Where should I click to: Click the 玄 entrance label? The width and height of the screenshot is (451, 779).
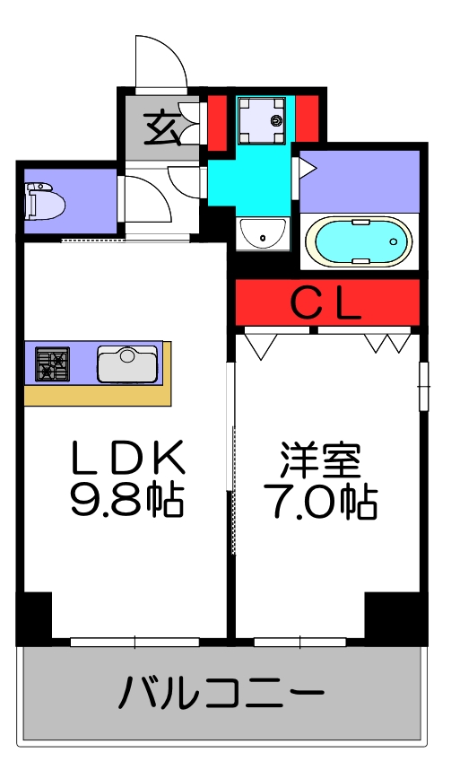click(x=162, y=127)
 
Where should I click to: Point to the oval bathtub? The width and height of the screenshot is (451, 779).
click(x=359, y=241)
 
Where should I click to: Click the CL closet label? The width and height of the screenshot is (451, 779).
click(x=326, y=303)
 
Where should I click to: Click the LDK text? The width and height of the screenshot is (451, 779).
click(x=127, y=460)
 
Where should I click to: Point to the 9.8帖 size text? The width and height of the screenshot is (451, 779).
click(x=127, y=501)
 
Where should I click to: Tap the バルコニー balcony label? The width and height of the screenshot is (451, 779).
click(x=221, y=694)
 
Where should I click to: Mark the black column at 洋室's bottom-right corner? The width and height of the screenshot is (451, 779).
click(x=392, y=616)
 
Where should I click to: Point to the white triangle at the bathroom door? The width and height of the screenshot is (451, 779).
click(x=306, y=167)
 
